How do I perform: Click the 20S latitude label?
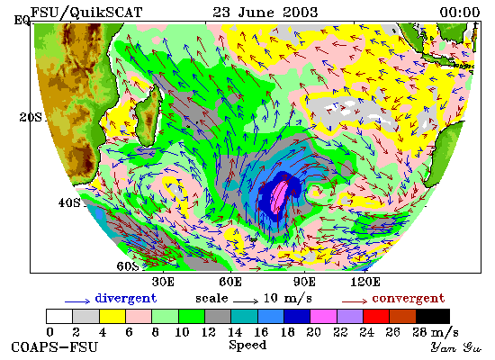[31, 118]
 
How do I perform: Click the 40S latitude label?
[69, 202]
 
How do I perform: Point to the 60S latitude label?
[128, 266]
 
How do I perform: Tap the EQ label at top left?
[22, 21]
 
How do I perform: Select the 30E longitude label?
[163, 282]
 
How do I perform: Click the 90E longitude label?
[304, 282]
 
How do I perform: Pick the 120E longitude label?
[365, 282]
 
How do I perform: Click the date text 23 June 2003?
[265, 13]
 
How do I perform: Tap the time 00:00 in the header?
[460, 13]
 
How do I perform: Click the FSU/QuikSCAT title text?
[86, 13]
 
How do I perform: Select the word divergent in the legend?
[126, 299]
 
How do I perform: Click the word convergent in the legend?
[409, 299]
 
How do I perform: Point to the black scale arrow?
[246, 301]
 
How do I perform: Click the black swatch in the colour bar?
[433, 317]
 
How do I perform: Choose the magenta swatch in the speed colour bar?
[324, 317]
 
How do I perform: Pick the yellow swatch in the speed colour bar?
[112, 317]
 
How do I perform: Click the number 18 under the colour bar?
[287, 332]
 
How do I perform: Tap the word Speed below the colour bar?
[247, 345]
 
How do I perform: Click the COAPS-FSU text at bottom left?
[55, 347]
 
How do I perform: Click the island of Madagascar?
[148, 116]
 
